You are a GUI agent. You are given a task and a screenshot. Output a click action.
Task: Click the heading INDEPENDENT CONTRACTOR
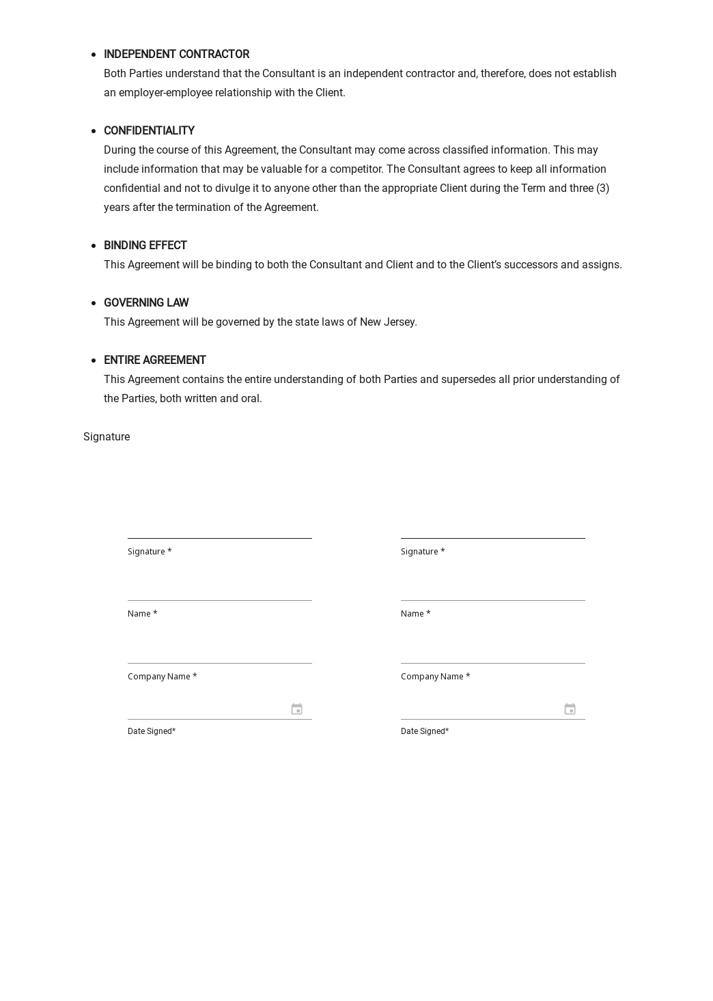[x=176, y=54]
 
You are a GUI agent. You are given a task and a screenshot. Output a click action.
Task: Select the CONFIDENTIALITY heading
[x=149, y=130]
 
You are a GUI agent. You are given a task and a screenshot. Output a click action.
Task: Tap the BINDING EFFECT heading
[x=145, y=245]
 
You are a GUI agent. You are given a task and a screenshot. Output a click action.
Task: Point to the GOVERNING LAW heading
[x=146, y=302]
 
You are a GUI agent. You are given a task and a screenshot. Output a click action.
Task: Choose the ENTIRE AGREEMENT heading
[x=154, y=360]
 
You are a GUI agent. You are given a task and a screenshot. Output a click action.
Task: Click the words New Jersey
[x=387, y=322]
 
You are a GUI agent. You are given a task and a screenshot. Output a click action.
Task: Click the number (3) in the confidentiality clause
[x=602, y=188]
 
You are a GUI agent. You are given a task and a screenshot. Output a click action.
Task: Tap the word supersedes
[x=468, y=379]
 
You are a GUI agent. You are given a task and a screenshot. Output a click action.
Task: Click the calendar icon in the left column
[x=296, y=709]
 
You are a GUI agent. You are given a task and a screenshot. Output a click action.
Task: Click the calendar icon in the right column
[x=570, y=709]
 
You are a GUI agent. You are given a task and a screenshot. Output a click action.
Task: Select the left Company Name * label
[x=162, y=676]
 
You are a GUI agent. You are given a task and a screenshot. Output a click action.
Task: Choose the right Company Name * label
[x=435, y=676]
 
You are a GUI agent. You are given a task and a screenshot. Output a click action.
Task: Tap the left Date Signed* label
[x=152, y=731]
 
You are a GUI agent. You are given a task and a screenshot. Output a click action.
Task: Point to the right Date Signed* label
[x=425, y=731]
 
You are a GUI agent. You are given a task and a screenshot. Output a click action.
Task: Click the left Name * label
[x=142, y=613]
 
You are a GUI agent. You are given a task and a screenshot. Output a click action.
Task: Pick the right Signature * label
[x=423, y=551]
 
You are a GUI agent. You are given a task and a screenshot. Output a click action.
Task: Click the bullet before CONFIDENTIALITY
[x=93, y=130]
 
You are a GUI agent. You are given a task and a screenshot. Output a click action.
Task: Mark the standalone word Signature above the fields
[x=107, y=436]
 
